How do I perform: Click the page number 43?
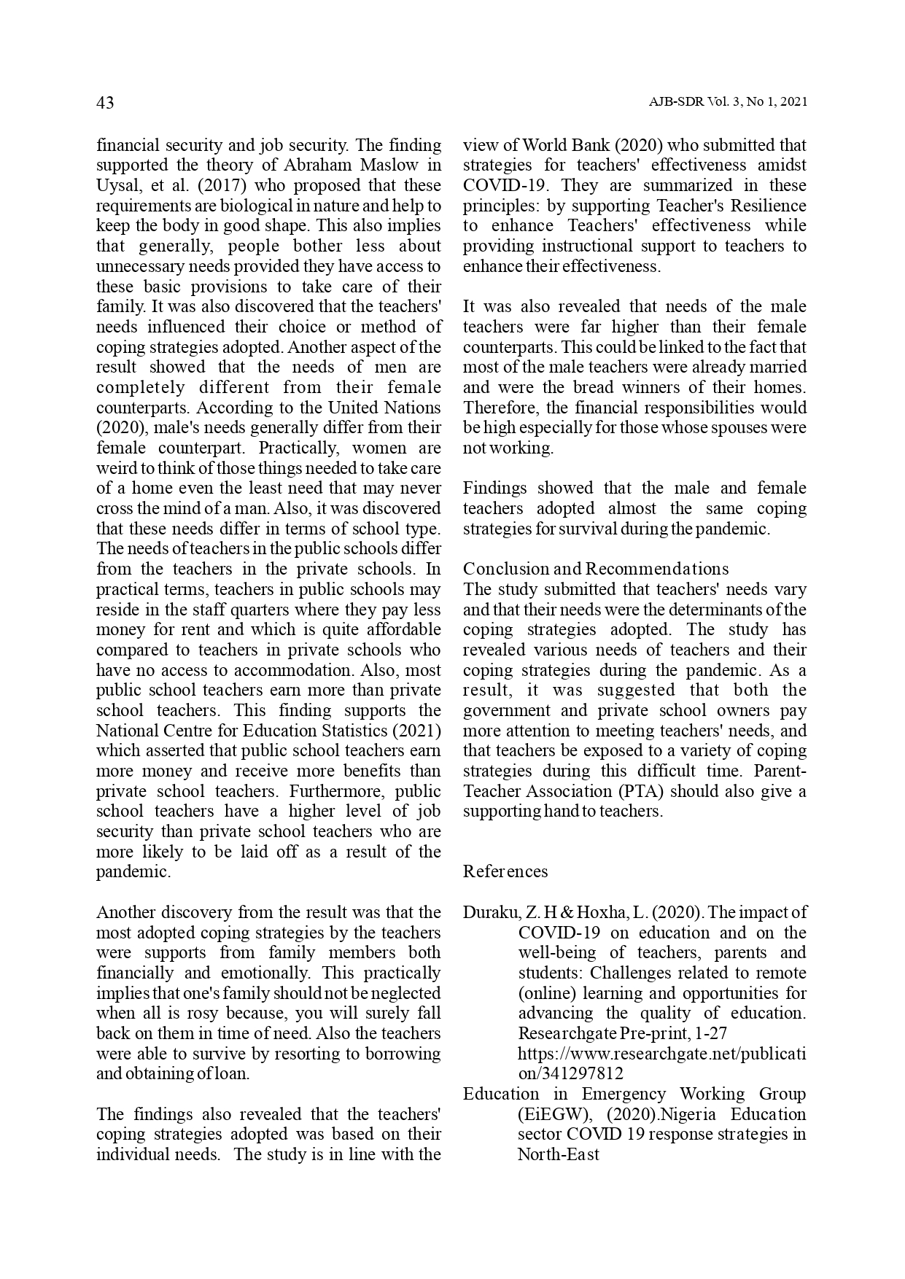(x=105, y=103)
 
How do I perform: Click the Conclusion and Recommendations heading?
(x=595, y=569)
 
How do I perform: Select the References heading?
(x=505, y=871)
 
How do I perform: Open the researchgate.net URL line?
(x=661, y=1054)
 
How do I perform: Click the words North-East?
(x=558, y=1155)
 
